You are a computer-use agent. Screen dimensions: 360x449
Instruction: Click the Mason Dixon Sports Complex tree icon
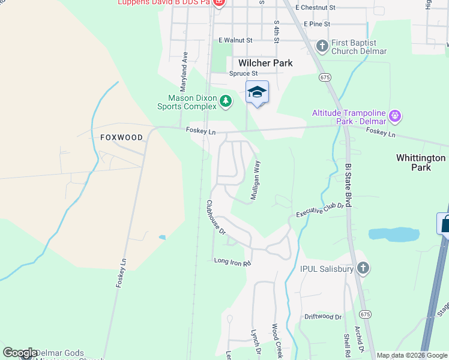(226, 101)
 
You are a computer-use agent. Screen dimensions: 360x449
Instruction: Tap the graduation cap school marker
(257, 92)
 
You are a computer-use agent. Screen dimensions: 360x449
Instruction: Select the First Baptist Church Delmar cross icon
(322, 46)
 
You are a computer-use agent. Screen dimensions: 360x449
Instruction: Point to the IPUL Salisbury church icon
(363, 268)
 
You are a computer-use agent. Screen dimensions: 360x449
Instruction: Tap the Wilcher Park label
(265, 63)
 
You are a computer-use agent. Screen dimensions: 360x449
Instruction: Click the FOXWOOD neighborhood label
(122, 137)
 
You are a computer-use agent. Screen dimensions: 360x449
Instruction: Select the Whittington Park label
(421, 163)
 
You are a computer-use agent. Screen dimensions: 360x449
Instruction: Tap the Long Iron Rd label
(232, 262)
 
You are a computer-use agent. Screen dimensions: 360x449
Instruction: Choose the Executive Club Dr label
(320, 209)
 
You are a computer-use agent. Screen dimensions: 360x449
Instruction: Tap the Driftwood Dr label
(322, 316)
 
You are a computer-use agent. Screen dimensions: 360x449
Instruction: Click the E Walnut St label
(235, 40)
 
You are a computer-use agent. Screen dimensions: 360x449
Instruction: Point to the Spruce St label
(243, 74)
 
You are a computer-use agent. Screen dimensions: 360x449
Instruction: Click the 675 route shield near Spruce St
(325, 77)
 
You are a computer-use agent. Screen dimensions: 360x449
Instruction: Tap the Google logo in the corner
(20, 353)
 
